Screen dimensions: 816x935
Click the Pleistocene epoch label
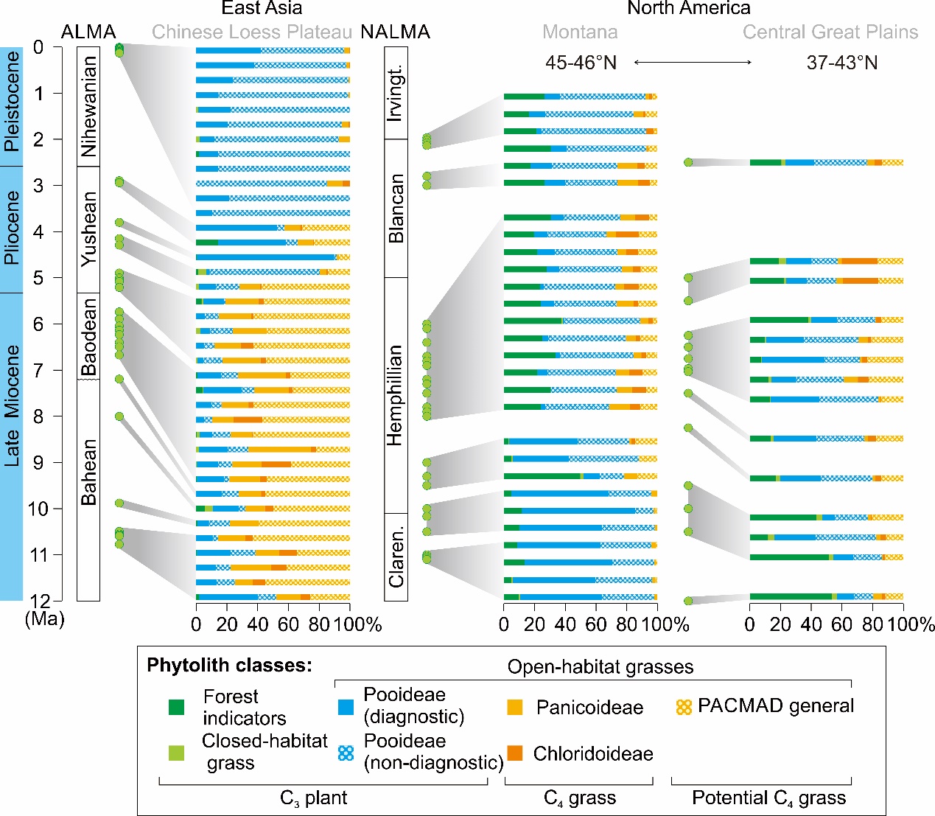click(x=11, y=101)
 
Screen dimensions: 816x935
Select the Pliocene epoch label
click(x=11, y=229)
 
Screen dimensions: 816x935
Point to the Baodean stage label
click(x=88, y=336)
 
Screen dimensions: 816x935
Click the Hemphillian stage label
click(x=396, y=395)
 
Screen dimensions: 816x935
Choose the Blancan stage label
click(x=396, y=209)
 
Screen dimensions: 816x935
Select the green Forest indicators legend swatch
click(x=177, y=708)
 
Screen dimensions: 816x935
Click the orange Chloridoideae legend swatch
click(x=515, y=753)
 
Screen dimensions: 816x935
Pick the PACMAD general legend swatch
click(x=684, y=707)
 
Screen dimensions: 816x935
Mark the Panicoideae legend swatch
click(x=515, y=708)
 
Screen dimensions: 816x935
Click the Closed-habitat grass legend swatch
click(x=177, y=753)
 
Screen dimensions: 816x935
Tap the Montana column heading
click(x=580, y=32)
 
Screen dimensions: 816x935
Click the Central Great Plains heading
click(x=830, y=32)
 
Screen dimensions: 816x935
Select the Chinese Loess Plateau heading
click(x=252, y=32)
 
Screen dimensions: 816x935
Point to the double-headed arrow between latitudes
click(x=693, y=63)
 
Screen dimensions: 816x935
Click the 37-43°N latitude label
click(x=841, y=63)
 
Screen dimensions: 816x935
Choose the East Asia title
click(x=262, y=9)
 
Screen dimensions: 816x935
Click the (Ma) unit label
click(x=44, y=618)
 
